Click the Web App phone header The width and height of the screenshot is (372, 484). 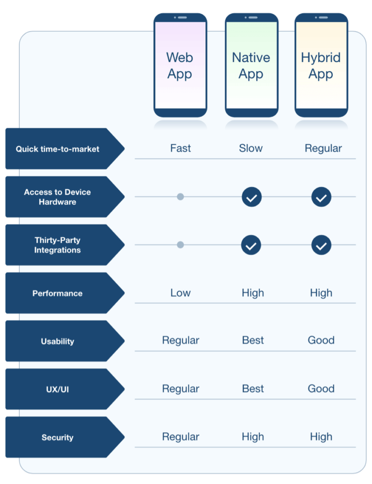(x=180, y=65)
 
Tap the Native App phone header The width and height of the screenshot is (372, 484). (x=251, y=65)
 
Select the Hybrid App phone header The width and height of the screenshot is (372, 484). (x=321, y=65)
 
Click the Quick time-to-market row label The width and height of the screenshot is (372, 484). (x=58, y=149)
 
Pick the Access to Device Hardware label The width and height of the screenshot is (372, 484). (x=58, y=197)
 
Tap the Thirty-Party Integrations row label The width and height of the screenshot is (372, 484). (x=58, y=245)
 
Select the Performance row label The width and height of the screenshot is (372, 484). (x=58, y=293)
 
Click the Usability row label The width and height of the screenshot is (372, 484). (x=58, y=341)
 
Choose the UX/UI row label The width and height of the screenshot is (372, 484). (x=58, y=389)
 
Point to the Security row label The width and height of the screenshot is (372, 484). (x=58, y=437)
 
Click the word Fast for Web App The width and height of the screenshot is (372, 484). (x=180, y=148)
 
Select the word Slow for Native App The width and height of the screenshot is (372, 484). (x=250, y=148)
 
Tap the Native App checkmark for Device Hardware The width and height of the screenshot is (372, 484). (x=251, y=197)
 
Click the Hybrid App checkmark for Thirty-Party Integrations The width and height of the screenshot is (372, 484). (x=321, y=245)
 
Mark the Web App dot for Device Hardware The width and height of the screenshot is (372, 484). (x=180, y=197)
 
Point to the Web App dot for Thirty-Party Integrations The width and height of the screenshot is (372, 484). (x=180, y=245)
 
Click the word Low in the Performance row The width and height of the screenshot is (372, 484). (x=180, y=293)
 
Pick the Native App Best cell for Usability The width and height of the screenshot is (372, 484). (x=253, y=340)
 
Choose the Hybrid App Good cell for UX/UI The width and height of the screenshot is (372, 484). (x=321, y=388)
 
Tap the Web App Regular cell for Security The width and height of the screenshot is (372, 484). (x=180, y=437)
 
